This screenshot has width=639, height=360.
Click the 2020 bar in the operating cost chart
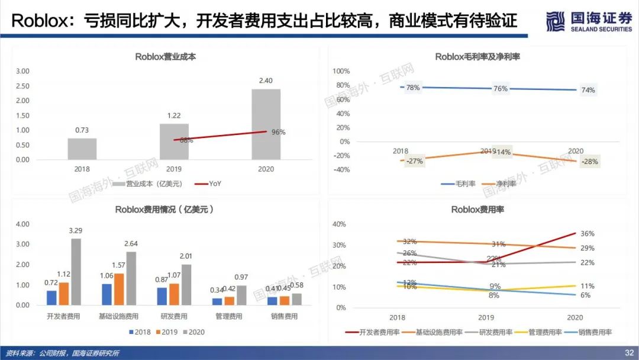point(266,124)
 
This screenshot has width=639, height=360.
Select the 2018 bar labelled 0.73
point(82,149)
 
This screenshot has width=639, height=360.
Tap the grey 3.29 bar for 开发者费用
point(76,272)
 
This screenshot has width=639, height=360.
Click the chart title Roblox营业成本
point(165,57)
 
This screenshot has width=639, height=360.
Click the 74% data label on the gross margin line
point(588,90)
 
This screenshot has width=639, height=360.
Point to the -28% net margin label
point(589,162)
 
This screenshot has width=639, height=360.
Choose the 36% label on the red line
point(588,234)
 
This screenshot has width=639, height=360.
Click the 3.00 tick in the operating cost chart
point(22,71)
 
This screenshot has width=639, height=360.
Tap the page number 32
point(629,353)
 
